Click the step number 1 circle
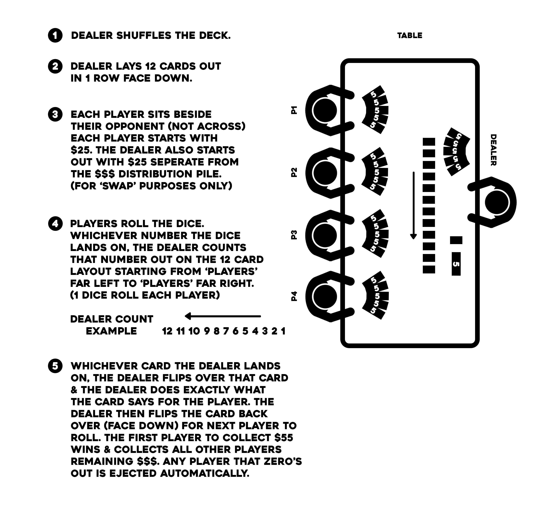click(x=55, y=35)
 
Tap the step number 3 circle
click(x=55, y=114)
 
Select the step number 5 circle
click(x=55, y=366)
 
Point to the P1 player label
click(x=294, y=110)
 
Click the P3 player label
click(x=294, y=235)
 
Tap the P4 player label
click(x=294, y=296)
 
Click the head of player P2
click(x=324, y=173)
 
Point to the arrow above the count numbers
click(x=223, y=316)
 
